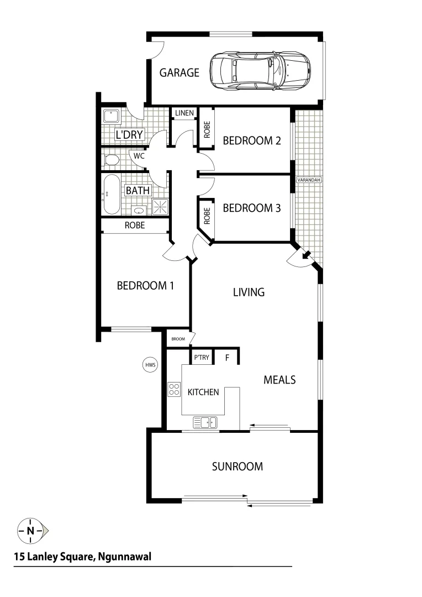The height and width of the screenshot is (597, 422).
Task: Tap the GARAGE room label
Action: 180,72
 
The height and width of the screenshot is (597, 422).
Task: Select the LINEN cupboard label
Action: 184,113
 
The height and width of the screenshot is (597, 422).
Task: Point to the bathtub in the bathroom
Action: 110,195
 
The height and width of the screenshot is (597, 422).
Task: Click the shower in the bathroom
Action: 161,207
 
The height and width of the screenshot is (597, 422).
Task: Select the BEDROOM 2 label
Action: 251,140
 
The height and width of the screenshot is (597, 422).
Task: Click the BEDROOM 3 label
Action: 251,208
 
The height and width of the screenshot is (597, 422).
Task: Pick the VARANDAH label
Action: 309,180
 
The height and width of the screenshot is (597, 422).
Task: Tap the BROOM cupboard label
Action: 178,339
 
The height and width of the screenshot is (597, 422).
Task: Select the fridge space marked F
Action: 226,358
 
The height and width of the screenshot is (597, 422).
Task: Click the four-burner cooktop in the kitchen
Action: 175,389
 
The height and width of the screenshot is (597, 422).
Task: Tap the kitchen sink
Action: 205,423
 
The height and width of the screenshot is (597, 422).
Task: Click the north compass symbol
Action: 31,531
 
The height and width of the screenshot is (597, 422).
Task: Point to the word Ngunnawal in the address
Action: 125,557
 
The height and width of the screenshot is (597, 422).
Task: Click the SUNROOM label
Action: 238,467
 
